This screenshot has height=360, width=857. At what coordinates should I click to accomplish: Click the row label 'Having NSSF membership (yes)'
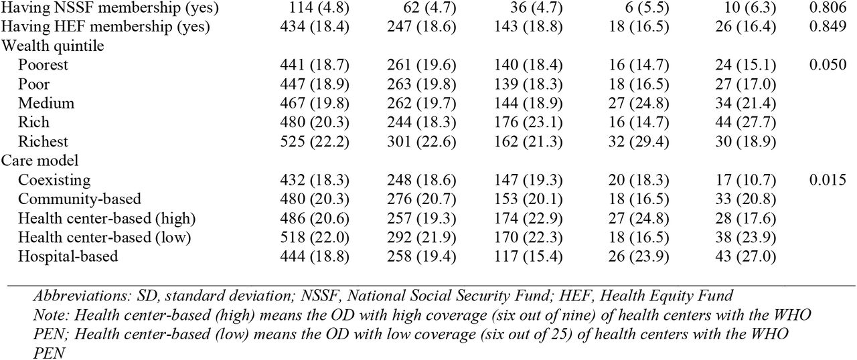point(110,7)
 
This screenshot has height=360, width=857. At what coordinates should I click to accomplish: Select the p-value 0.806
point(828,7)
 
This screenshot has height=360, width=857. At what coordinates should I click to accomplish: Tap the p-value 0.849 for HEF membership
point(828,26)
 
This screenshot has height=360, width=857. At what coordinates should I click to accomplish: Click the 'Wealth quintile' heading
point(52,46)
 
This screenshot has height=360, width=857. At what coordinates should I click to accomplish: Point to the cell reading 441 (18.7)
point(315,65)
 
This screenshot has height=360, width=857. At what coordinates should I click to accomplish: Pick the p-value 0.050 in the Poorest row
point(828,65)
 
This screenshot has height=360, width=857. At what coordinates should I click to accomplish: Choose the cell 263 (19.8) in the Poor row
point(421,84)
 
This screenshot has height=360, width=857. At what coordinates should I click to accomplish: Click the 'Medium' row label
point(46,103)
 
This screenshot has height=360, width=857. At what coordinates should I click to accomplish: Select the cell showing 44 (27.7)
point(746,122)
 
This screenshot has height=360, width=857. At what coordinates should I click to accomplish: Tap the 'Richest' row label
point(43,141)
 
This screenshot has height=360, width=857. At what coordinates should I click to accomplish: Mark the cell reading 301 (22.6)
point(421,141)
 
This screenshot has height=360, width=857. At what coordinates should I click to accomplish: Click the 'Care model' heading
point(40,161)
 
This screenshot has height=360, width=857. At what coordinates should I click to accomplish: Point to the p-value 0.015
point(828,179)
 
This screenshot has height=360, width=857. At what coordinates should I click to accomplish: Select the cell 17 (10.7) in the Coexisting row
point(746,180)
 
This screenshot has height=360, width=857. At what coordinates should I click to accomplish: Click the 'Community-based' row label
point(80,199)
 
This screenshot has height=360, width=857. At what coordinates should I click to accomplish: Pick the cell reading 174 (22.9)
point(528,218)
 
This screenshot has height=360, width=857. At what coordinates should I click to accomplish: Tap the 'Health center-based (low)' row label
point(104,238)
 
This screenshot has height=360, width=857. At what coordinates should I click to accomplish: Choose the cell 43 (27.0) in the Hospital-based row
point(746,256)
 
